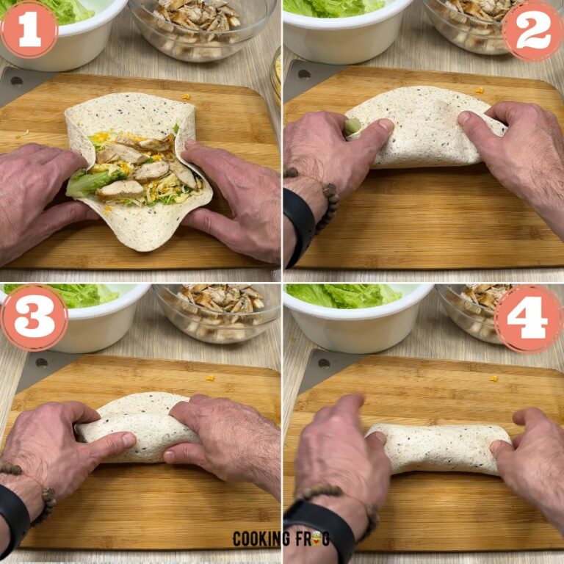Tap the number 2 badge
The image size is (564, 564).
(x=533, y=30)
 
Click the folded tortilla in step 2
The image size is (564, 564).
(x=426, y=129)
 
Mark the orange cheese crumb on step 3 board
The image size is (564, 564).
(x=210, y=378)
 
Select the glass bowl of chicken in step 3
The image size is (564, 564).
(x=217, y=312)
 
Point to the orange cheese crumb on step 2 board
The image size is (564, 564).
(x=479, y=90)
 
